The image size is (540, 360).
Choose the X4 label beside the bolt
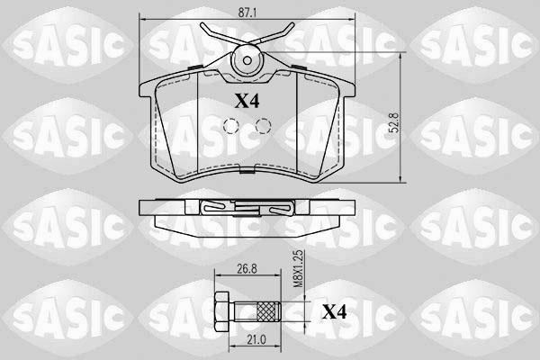pyautogui.click(x=335, y=312)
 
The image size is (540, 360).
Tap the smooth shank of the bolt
pyautogui.click(x=245, y=312)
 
